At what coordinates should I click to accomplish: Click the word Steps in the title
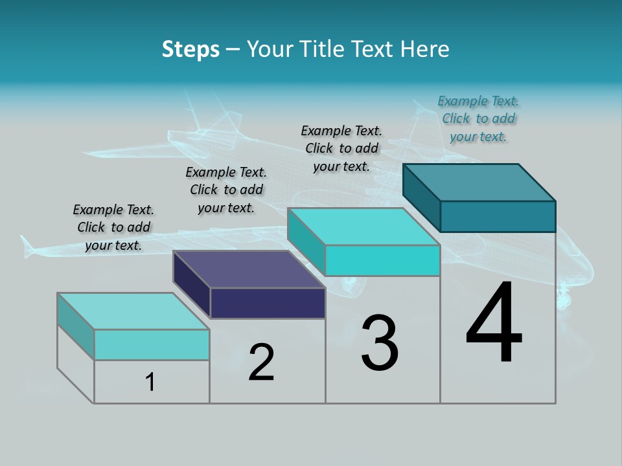(190, 49)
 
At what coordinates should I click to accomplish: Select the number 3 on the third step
(380, 343)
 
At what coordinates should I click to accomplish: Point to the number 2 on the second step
(262, 362)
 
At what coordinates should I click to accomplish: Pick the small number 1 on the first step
(150, 383)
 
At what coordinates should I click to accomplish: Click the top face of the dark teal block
(479, 182)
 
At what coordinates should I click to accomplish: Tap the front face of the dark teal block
(498, 216)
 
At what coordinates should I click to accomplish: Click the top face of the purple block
(249, 269)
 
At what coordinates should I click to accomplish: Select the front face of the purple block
(268, 303)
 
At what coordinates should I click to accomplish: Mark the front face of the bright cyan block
(382, 260)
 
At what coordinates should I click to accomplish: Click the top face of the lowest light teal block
(133, 311)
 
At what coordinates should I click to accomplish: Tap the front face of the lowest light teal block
(152, 344)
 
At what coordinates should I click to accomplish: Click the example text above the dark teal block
(478, 119)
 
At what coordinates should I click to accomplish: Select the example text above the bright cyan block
(341, 149)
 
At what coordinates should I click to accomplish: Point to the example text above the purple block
(226, 190)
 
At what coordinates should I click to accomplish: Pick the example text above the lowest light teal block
(113, 228)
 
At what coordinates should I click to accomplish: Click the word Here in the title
(425, 49)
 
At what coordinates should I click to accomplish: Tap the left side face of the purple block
(192, 284)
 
